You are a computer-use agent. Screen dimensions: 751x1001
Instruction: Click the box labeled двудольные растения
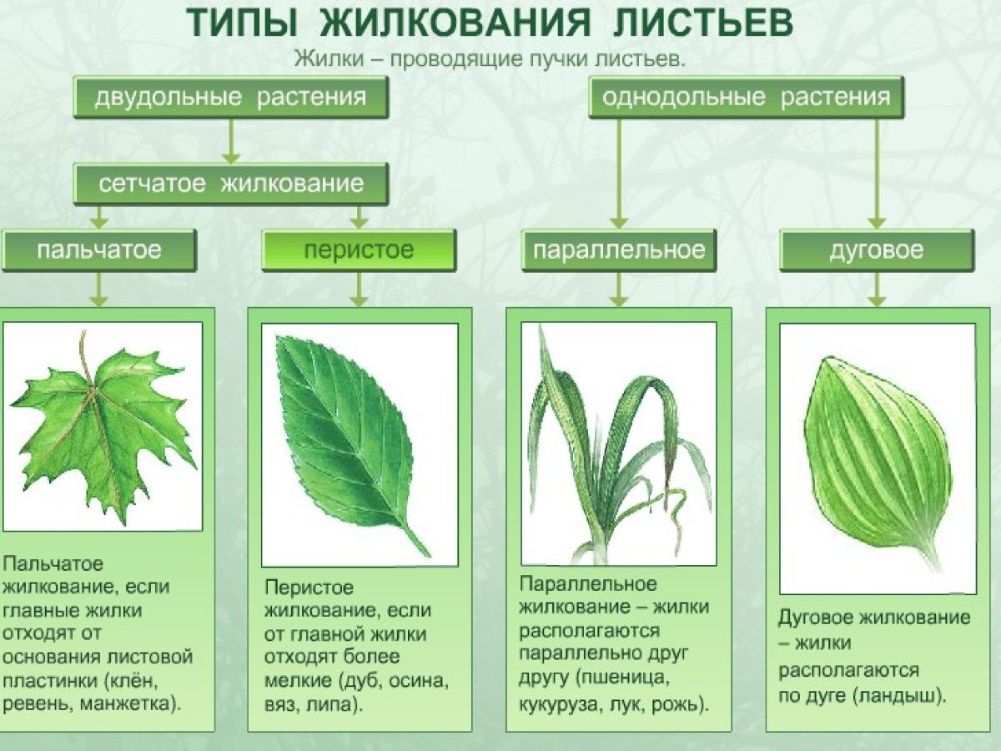click(230, 97)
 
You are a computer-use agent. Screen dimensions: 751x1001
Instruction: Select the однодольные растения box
click(747, 97)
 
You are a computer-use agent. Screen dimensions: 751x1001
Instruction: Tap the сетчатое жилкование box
click(230, 184)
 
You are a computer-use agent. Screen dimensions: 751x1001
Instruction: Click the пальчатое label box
click(98, 250)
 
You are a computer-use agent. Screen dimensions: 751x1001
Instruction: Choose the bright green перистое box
click(359, 250)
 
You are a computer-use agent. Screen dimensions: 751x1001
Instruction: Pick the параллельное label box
click(618, 250)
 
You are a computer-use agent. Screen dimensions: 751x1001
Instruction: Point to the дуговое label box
click(876, 250)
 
